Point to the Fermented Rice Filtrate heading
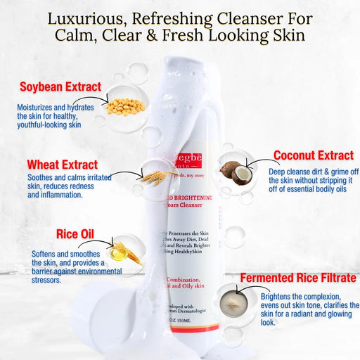(297, 278)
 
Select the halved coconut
(236, 171)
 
